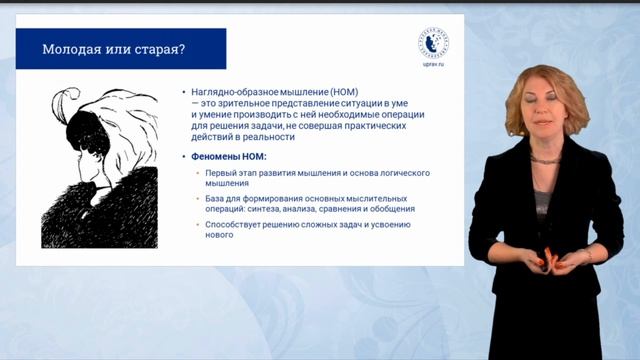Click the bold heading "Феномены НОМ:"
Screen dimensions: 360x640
coord(227,157)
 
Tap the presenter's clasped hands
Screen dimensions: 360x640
coord(549,262)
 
